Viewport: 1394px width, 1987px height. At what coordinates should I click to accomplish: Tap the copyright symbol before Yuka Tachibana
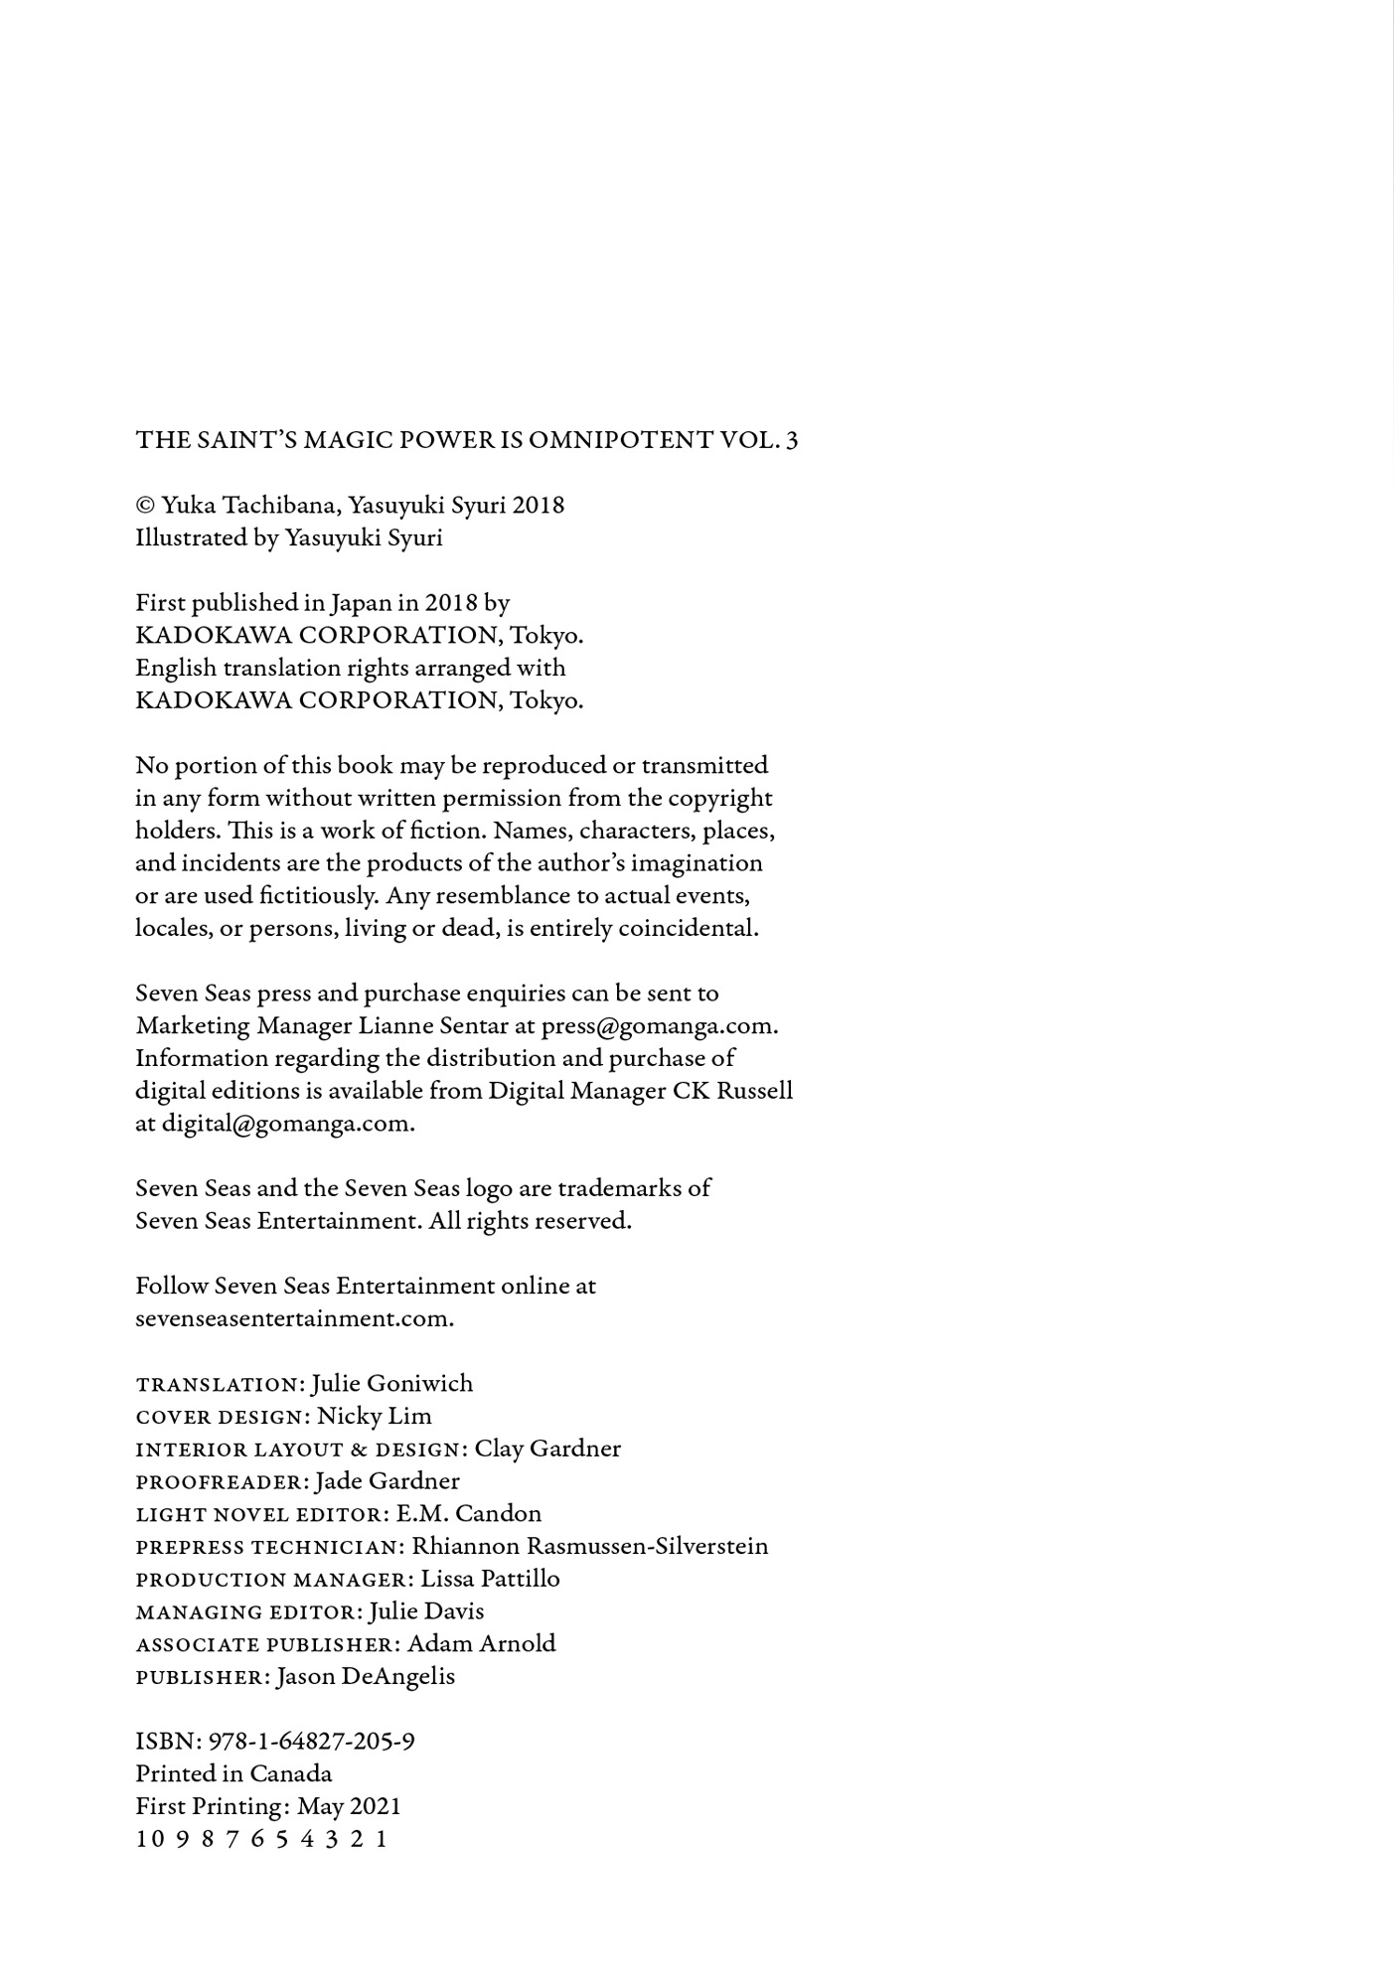point(145,506)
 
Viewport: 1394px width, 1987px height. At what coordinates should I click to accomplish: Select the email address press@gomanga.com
point(659,1025)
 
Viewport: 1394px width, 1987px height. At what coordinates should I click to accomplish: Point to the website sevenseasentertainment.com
point(294,1318)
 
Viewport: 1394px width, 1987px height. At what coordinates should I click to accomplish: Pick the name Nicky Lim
point(374,1416)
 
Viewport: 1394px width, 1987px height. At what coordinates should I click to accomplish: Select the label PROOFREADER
point(221,1482)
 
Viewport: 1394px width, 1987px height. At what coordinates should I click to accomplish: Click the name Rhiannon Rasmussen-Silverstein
point(590,1546)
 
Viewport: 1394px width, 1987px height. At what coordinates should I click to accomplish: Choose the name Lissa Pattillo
point(490,1579)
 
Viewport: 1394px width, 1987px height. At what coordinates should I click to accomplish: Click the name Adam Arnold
point(481,1643)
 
